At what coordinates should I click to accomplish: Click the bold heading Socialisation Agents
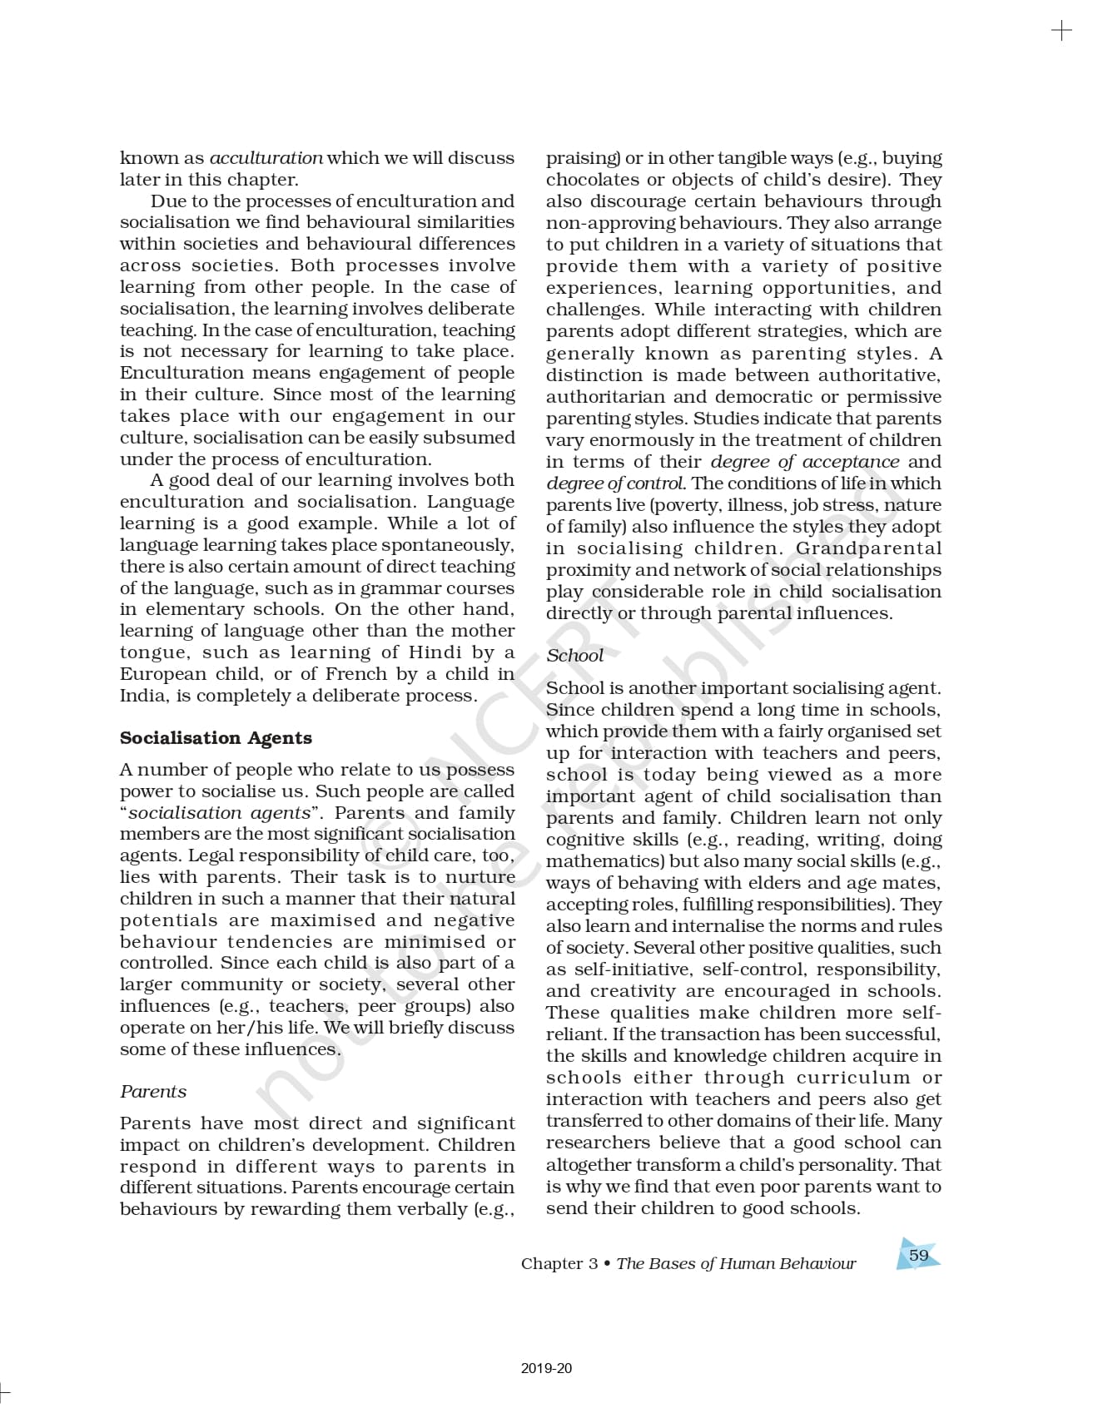point(216,738)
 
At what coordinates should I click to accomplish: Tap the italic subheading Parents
point(153,1092)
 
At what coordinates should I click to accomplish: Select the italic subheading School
point(574,656)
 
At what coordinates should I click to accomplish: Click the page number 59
point(918,1255)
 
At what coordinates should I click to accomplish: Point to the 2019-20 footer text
point(546,1368)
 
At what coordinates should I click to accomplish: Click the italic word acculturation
point(266,158)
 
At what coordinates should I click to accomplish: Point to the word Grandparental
point(868,548)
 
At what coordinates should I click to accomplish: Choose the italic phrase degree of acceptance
point(804,462)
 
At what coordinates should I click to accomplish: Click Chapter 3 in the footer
point(559,1264)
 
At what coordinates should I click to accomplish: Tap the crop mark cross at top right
point(1061,32)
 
